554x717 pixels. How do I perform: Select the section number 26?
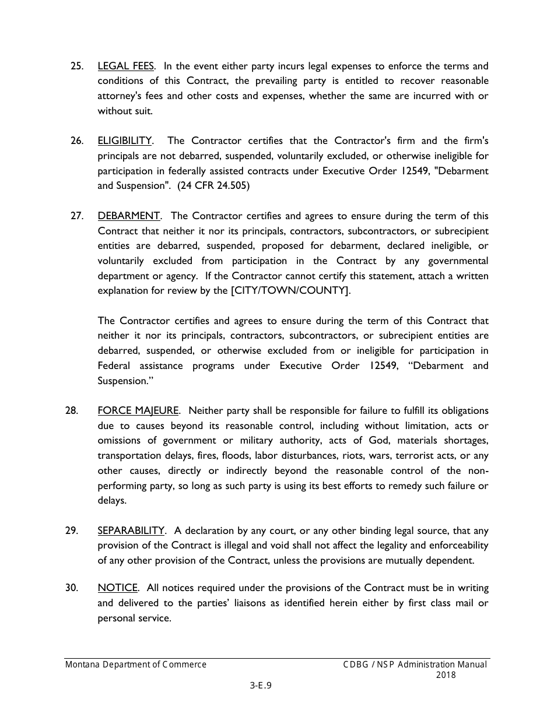pos(77,140)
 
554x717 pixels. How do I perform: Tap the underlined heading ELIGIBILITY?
pos(124,140)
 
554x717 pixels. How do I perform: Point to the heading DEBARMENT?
pos(128,216)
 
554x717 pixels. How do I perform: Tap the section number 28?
pos(72,411)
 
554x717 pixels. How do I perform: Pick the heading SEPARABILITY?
pos(131,530)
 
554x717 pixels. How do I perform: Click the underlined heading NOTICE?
pos(118,588)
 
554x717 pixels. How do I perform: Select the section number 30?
pos(72,588)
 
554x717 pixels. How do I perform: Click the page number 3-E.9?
pos(261,686)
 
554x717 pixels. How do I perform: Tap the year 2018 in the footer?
pos(446,675)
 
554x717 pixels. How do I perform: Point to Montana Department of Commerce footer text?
pos(136,665)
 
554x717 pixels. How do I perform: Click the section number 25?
pos(77,66)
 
